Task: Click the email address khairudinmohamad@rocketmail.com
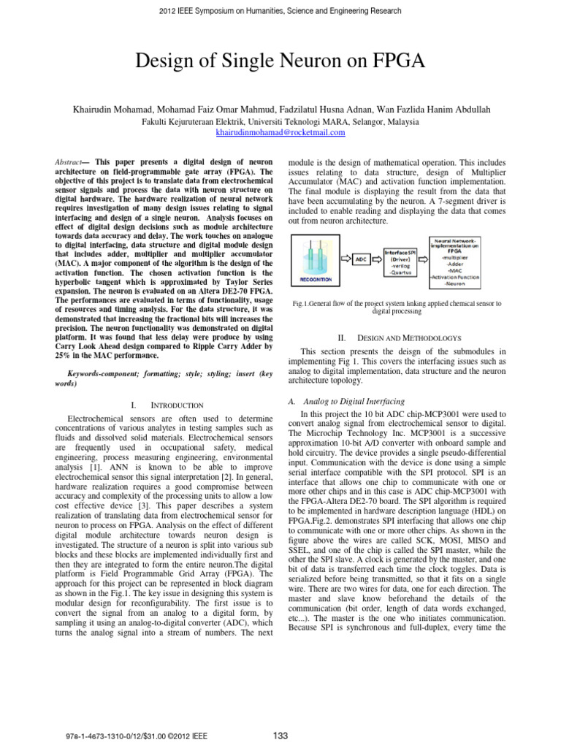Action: [280, 133]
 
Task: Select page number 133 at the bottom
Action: [280, 734]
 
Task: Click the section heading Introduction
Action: [171, 404]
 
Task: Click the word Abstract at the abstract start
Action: [72, 160]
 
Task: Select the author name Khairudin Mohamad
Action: [113, 109]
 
